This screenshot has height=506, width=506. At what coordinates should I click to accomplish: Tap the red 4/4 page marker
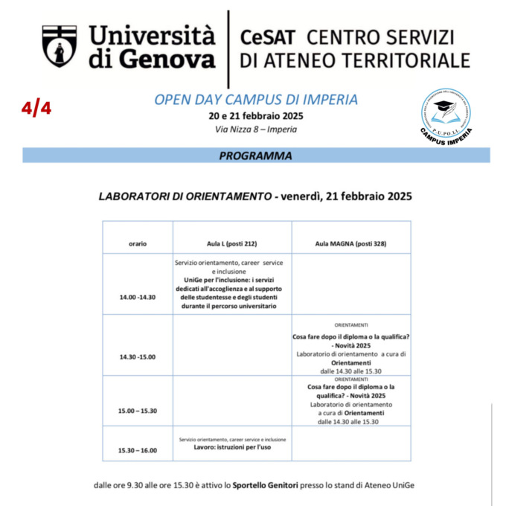pos(36,109)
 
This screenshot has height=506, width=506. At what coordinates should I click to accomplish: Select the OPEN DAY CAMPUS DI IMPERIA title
pos(255,100)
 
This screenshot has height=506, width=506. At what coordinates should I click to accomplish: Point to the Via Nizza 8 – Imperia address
pos(255,129)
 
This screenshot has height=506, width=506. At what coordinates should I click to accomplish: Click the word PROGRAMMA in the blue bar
pos(255,156)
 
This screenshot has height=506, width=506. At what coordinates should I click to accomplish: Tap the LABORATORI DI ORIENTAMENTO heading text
pos(184,197)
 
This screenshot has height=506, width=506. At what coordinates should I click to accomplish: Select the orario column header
pos(138,243)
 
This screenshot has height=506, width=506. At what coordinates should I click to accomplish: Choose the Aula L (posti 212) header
pos(232,243)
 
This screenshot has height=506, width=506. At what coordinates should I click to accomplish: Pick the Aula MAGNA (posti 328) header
pos(350,243)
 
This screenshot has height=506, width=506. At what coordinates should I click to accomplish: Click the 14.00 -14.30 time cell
pos(138,297)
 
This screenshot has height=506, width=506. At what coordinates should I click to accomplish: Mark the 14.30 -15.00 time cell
pos(138,356)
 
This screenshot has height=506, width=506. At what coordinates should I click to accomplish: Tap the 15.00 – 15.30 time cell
pos(138,411)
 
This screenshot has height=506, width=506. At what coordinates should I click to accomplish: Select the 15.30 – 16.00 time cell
pos(138,450)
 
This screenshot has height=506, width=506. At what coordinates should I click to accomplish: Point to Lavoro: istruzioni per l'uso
pos(232,448)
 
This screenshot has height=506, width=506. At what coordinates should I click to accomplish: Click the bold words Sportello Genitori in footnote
pos(266,484)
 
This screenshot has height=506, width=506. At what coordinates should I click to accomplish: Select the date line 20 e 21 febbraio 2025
pos(255,116)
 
